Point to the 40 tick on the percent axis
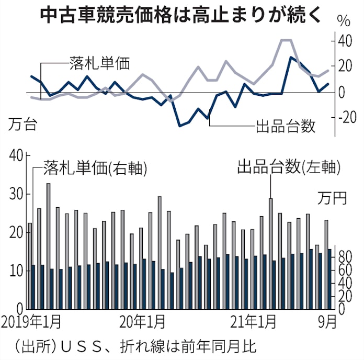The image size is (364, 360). pyautogui.click(x=343, y=41)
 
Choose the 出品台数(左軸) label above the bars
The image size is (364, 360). pyautogui.click(x=289, y=167)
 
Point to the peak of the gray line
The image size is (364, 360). pyautogui.click(x=287, y=40)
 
